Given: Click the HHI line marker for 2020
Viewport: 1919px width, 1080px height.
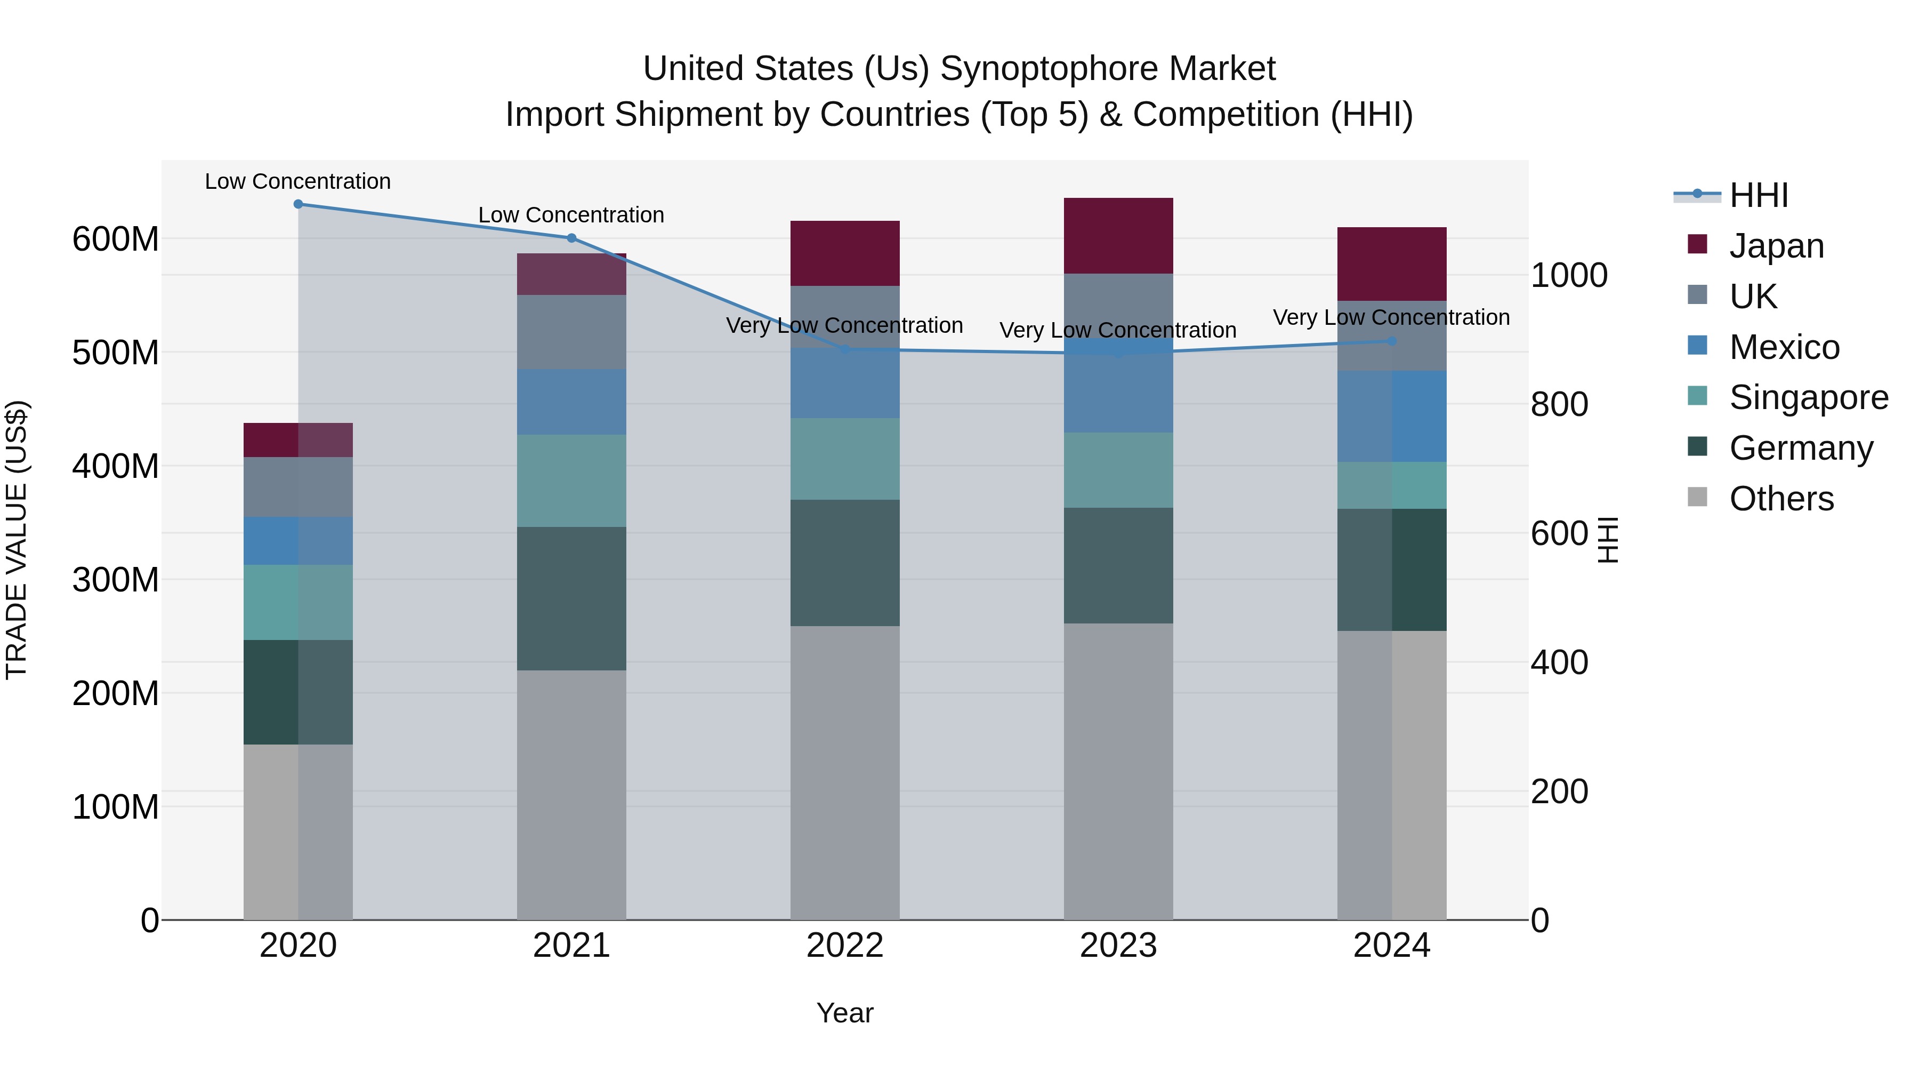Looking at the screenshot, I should [x=298, y=204].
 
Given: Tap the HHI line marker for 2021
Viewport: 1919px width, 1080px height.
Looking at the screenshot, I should [x=571, y=238].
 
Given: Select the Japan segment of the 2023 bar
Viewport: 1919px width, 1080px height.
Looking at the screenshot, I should [x=1118, y=236].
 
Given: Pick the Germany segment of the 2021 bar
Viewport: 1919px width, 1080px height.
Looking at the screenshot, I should [x=571, y=598].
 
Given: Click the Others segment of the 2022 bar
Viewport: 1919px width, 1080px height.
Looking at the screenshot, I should [x=845, y=772].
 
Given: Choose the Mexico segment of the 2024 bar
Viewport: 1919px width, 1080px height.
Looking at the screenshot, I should [x=1392, y=416].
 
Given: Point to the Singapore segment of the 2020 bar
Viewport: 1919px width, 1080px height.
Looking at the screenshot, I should [x=298, y=602].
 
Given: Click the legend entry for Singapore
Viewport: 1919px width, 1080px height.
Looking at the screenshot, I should [x=1808, y=397].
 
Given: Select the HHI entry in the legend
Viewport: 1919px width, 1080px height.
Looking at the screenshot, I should [x=1758, y=195].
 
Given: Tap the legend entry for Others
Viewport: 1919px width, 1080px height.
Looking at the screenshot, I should [x=1780, y=499].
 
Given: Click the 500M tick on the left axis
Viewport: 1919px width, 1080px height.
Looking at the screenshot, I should [x=116, y=353].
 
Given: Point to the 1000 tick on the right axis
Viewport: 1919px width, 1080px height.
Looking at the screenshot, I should [x=1569, y=276].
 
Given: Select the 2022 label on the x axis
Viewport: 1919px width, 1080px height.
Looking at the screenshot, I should [x=845, y=946].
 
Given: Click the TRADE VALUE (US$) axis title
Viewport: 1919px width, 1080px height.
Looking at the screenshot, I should [x=17, y=540].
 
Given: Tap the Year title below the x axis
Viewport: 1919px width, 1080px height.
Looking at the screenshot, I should [x=845, y=1013].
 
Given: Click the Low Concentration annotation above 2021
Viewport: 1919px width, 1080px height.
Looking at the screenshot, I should [x=571, y=214].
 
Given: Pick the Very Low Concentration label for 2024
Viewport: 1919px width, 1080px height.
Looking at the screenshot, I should [x=1391, y=317].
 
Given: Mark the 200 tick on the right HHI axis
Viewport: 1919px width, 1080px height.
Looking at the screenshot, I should [x=1559, y=791].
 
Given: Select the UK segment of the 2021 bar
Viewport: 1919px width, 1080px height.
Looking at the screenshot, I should [x=571, y=332].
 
